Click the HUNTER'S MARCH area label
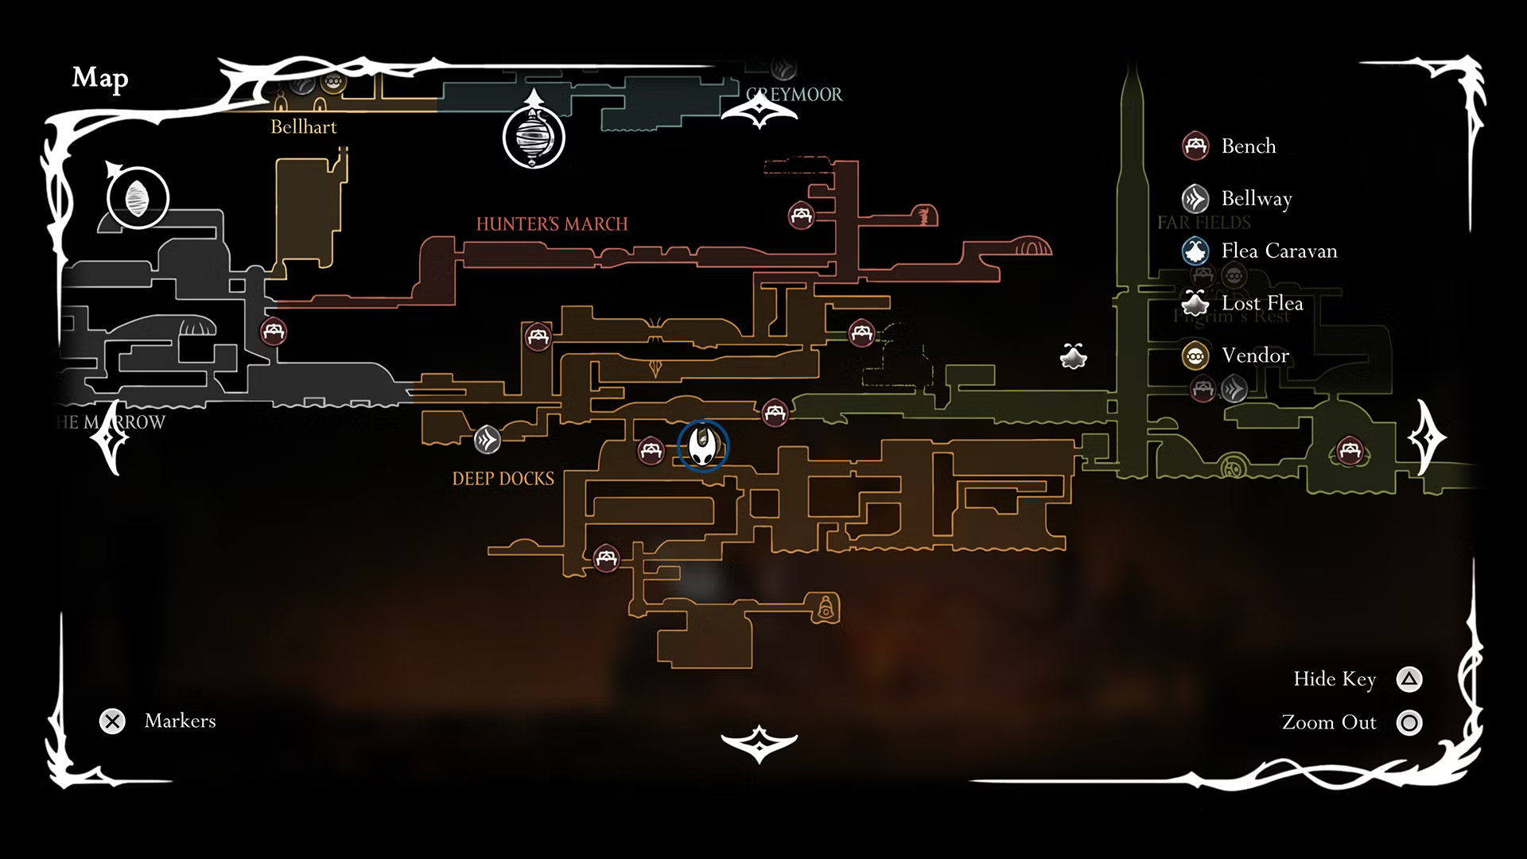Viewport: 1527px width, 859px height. [552, 224]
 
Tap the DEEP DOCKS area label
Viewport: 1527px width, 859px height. [503, 479]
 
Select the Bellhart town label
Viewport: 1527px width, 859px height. [303, 127]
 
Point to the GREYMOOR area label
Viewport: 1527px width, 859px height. [795, 95]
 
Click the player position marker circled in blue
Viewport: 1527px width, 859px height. [703, 445]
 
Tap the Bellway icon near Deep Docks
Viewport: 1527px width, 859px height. [488, 439]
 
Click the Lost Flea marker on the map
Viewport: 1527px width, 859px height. [1074, 356]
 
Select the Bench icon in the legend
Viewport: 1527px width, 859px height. [1195, 146]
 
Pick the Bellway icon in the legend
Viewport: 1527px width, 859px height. [1195, 199]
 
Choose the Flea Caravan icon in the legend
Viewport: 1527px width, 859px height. [1195, 251]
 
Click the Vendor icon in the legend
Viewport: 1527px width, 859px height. [1195, 356]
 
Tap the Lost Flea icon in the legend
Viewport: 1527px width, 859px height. [1195, 303]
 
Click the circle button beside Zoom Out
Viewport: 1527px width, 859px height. [1409, 723]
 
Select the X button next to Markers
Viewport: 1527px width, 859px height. [112, 721]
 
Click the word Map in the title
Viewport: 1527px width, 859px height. [100, 78]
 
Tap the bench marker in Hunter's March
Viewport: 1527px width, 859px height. [801, 216]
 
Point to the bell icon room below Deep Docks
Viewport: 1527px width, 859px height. [826, 608]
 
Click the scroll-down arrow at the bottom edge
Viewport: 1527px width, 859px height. [759, 744]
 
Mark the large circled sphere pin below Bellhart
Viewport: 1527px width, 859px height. [534, 137]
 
